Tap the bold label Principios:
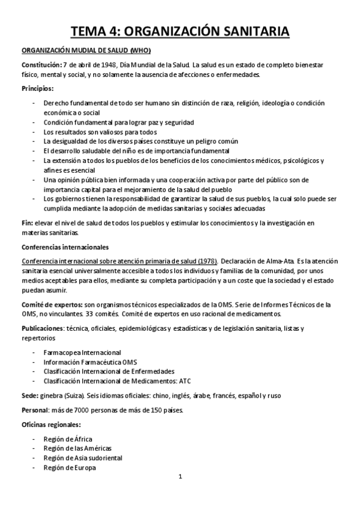[x=38, y=88]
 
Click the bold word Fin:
[x=28, y=223]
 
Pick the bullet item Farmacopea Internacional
[x=82, y=352]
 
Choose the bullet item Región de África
[x=68, y=439]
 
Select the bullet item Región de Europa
[x=70, y=467]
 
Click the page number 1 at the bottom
[x=180, y=477]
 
